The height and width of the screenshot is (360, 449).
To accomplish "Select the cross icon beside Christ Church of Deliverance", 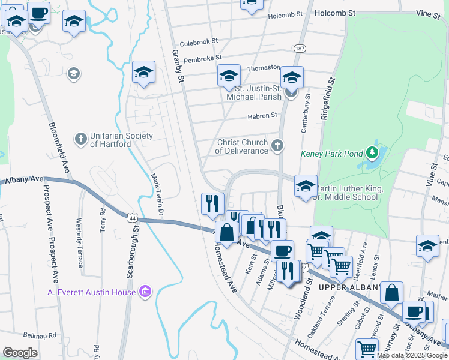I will click(277, 145).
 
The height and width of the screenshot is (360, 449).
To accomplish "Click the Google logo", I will click(20, 352).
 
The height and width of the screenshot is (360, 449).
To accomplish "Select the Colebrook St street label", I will click(199, 43).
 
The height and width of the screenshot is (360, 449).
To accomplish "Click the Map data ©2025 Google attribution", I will click(411, 355).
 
